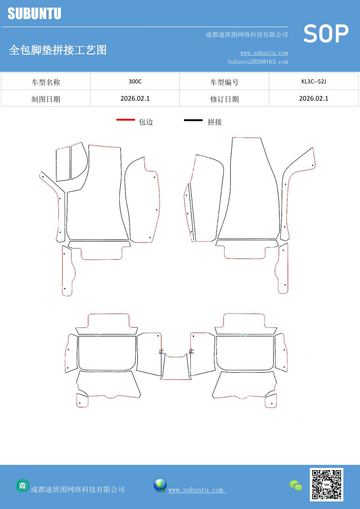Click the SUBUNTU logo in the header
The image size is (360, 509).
[x=34, y=13]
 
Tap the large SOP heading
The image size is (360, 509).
[x=326, y=34]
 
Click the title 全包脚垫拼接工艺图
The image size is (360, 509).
[x=58, y=50]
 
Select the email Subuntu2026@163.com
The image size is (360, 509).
[x=258, y=62]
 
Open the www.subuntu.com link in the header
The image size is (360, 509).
[x=264, y=53]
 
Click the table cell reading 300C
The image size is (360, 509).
[x=135, y=81]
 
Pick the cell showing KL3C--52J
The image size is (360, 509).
[x=314, y=81]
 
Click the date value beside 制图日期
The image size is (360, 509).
[x=135, y=99]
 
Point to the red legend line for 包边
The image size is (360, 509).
[x=126, y=119]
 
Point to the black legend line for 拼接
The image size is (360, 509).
[x=193, y=120]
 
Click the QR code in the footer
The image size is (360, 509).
[x=326, y=485]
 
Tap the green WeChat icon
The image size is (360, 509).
[x=296, y=485]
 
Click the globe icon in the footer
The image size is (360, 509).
[x=160, y=485]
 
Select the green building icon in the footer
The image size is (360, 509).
[x=22, y=486]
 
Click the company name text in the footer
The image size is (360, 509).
[x=78, y=489]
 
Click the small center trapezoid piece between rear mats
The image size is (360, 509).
[x=176, y=366]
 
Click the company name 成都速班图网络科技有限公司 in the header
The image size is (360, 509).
[x=247, y=34]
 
